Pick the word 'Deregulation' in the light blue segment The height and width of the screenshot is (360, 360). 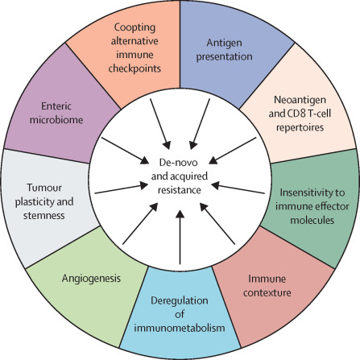coord(180,301)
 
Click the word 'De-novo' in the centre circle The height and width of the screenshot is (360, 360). coord(180,161)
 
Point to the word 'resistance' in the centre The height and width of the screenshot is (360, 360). coord(180,188)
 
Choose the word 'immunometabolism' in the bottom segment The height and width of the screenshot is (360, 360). coord(180,329)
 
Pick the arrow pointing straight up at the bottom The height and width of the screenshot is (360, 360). coord(180,241)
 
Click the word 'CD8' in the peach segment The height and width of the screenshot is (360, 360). coord(282,117)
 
